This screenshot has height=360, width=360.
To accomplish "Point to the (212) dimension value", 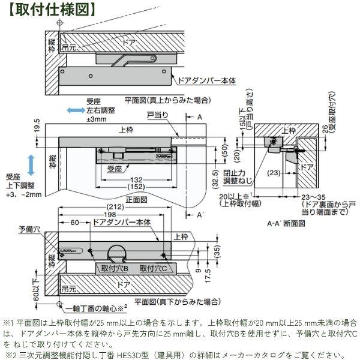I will coord(117,207).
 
